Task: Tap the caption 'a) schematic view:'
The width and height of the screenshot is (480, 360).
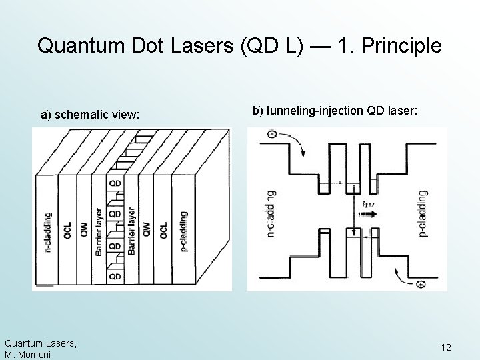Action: click(x=91, y=115)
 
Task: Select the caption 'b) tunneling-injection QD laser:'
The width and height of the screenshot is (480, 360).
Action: click(x=335, y=110)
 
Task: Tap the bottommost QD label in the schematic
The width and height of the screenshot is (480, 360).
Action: click(x=115, y=275)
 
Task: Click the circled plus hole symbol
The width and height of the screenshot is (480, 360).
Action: click(x=420, y=285)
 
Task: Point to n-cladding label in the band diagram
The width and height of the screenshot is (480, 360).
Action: click(x=270, y=215)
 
